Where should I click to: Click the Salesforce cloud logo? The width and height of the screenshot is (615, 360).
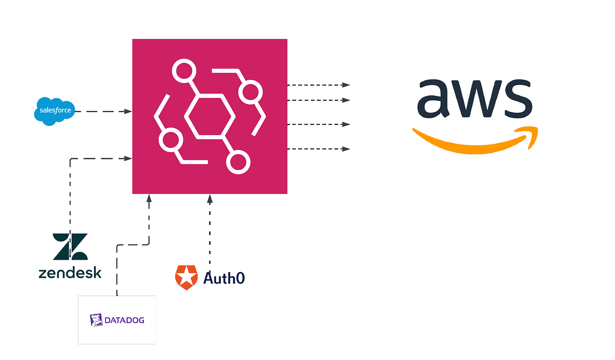tap(55, 111)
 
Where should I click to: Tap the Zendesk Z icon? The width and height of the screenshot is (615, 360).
tap(70, 246)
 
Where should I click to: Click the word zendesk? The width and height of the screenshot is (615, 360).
tap(70, 272)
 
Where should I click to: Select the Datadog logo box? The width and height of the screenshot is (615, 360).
tap(117, 320)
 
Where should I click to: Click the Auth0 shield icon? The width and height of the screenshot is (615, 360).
tap(186, 278)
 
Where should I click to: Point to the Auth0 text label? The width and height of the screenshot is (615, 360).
tap(224, 278)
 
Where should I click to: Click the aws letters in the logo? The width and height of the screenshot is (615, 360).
tap(474, 98)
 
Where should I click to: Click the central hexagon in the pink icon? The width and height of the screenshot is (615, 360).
tap(209, 116)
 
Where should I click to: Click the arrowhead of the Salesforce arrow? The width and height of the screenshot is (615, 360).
tap(129, 111)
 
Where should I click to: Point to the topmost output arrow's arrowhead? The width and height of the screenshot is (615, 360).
tap(346, 84)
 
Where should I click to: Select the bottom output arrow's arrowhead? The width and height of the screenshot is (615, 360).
tap(346, 149)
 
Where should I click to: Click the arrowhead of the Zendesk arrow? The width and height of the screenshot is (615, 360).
tap(129, 159)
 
